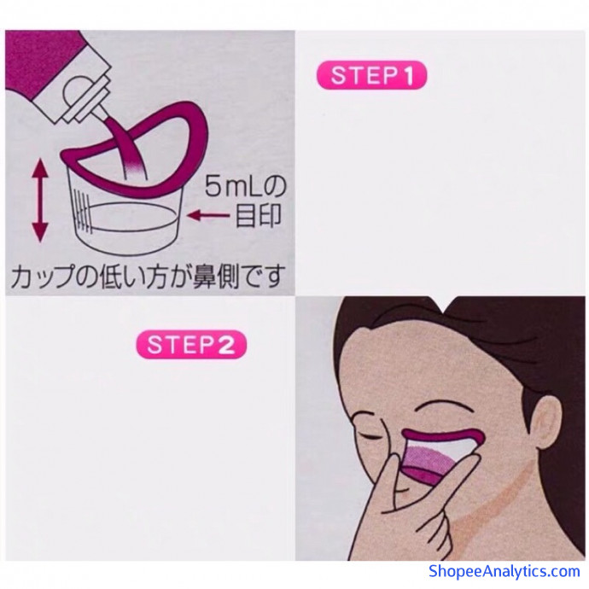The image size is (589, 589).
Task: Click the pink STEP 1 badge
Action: tap(371, 75)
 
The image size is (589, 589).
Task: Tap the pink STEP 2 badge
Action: tap(191, 345)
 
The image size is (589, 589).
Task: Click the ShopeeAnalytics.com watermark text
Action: tap(504, 571)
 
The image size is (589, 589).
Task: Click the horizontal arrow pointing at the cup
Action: tap(208, 215)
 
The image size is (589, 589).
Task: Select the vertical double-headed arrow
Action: tap(40, 200)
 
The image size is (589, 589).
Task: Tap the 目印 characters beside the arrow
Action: tap(258, 216)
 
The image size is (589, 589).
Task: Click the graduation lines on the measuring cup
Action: tap(84, 211)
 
